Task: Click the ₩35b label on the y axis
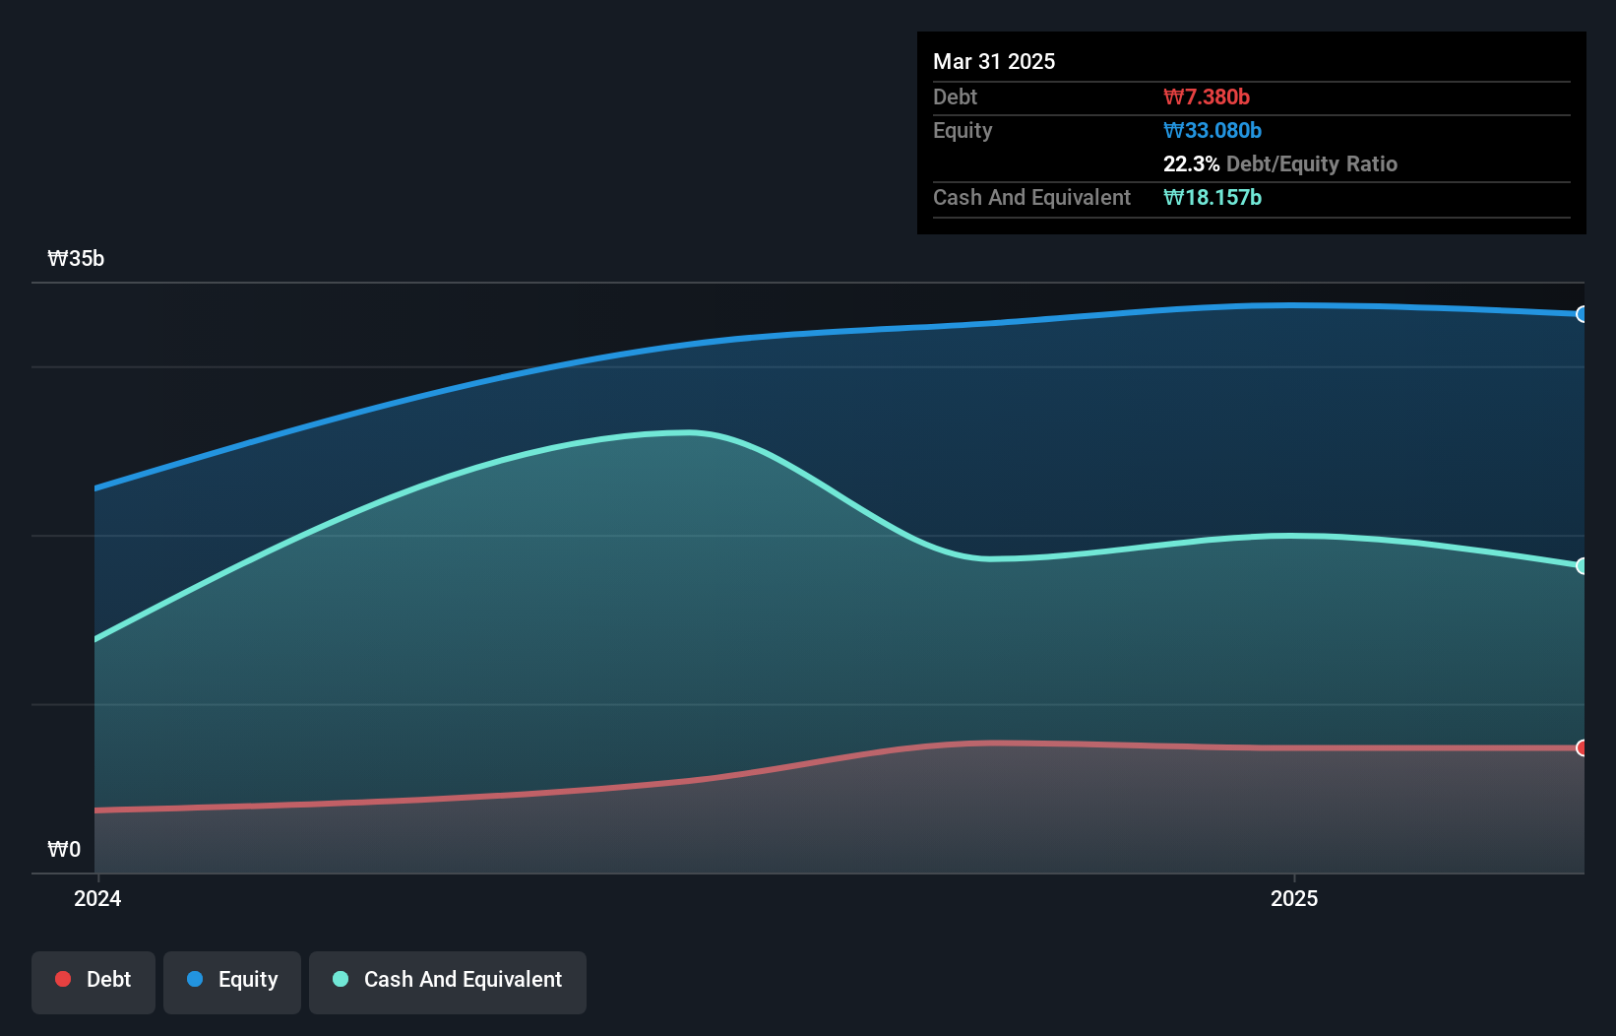pos(76,258)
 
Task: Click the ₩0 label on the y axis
pos(64,849)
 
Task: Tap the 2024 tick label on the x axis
pos(97,898)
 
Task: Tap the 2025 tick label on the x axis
pos(1293,898)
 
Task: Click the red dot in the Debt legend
pos(63,979)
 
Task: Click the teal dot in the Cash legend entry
pos(341,979)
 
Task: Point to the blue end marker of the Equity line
pos(1582,314)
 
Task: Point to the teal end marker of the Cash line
pos(1582,565)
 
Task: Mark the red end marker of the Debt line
pos(1582,747)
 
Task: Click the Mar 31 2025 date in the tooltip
pos(994,61)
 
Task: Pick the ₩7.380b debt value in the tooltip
pos(1206,97)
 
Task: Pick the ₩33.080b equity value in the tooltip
pos(1212,130)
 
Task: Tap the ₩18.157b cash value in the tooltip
pos(1212,197)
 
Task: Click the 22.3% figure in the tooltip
pos(1191,163)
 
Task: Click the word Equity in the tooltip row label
pos(963,130)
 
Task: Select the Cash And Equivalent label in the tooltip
pos(1031,197)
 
